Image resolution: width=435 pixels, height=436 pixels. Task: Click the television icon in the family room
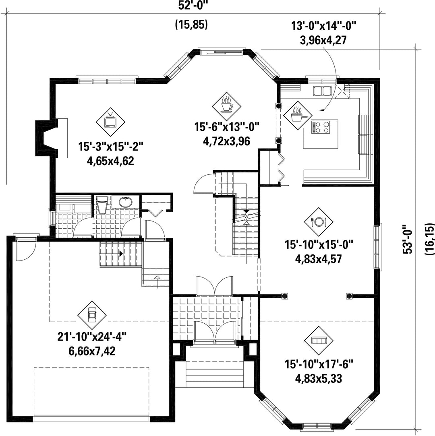(x=110, y=122)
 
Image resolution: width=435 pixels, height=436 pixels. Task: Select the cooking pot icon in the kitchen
(x=297, y=115)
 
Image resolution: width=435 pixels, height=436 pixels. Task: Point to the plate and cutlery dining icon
(x=319, y=221)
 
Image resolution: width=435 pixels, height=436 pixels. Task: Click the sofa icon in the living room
(x=319, y=340)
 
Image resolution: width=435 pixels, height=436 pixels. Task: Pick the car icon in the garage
(x=92, y=315)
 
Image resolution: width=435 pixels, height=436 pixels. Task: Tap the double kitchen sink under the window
(x=322, y=91)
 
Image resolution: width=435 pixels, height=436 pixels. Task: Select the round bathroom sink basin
(x=126, y=202)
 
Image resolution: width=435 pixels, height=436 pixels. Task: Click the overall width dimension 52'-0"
(x=193, y=6)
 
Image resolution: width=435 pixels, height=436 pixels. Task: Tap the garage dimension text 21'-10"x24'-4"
(x=92, y=337)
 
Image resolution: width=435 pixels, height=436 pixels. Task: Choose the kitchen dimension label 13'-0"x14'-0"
(x=323, y=26)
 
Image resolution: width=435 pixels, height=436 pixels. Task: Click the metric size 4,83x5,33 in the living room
(x=319, y=378)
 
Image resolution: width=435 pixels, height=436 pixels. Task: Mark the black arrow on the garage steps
(x=121, y=254)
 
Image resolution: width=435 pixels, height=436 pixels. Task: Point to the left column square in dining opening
(x=285, y=296)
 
